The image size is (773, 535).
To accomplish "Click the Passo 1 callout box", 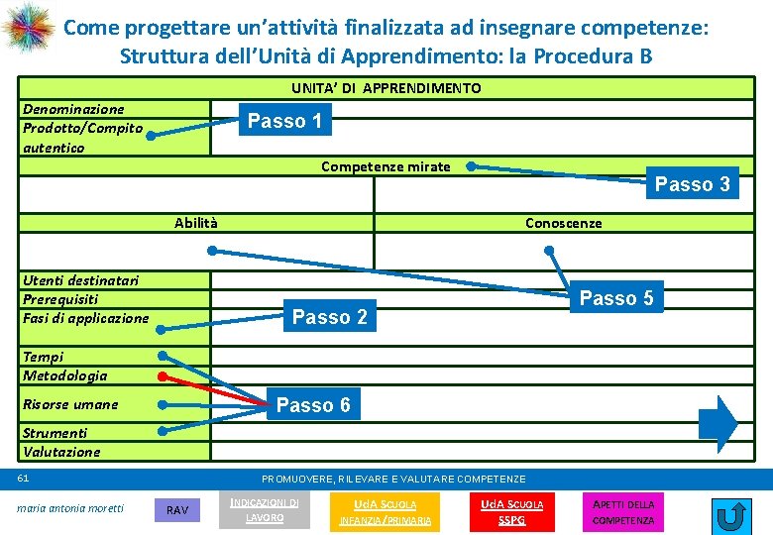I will point(284,121).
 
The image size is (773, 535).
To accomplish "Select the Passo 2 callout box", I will point(330,317).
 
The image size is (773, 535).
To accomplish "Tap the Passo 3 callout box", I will point(692,184).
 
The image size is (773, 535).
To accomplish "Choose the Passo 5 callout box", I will point(615,298).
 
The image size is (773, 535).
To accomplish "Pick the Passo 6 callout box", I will point(313,404).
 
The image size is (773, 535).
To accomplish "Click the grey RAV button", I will point(177,510).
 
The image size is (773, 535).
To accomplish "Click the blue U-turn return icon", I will point(731,515).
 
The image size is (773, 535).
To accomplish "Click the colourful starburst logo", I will point(28,29).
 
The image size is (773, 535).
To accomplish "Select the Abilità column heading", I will point(196,223).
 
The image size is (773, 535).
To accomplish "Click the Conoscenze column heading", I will point(563,223).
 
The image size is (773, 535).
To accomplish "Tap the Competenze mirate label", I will point(386,166).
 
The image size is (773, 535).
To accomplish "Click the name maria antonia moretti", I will point(71,508).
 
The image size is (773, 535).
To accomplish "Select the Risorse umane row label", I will point(70,404).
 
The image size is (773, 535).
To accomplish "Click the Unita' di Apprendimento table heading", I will point(386,88).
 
